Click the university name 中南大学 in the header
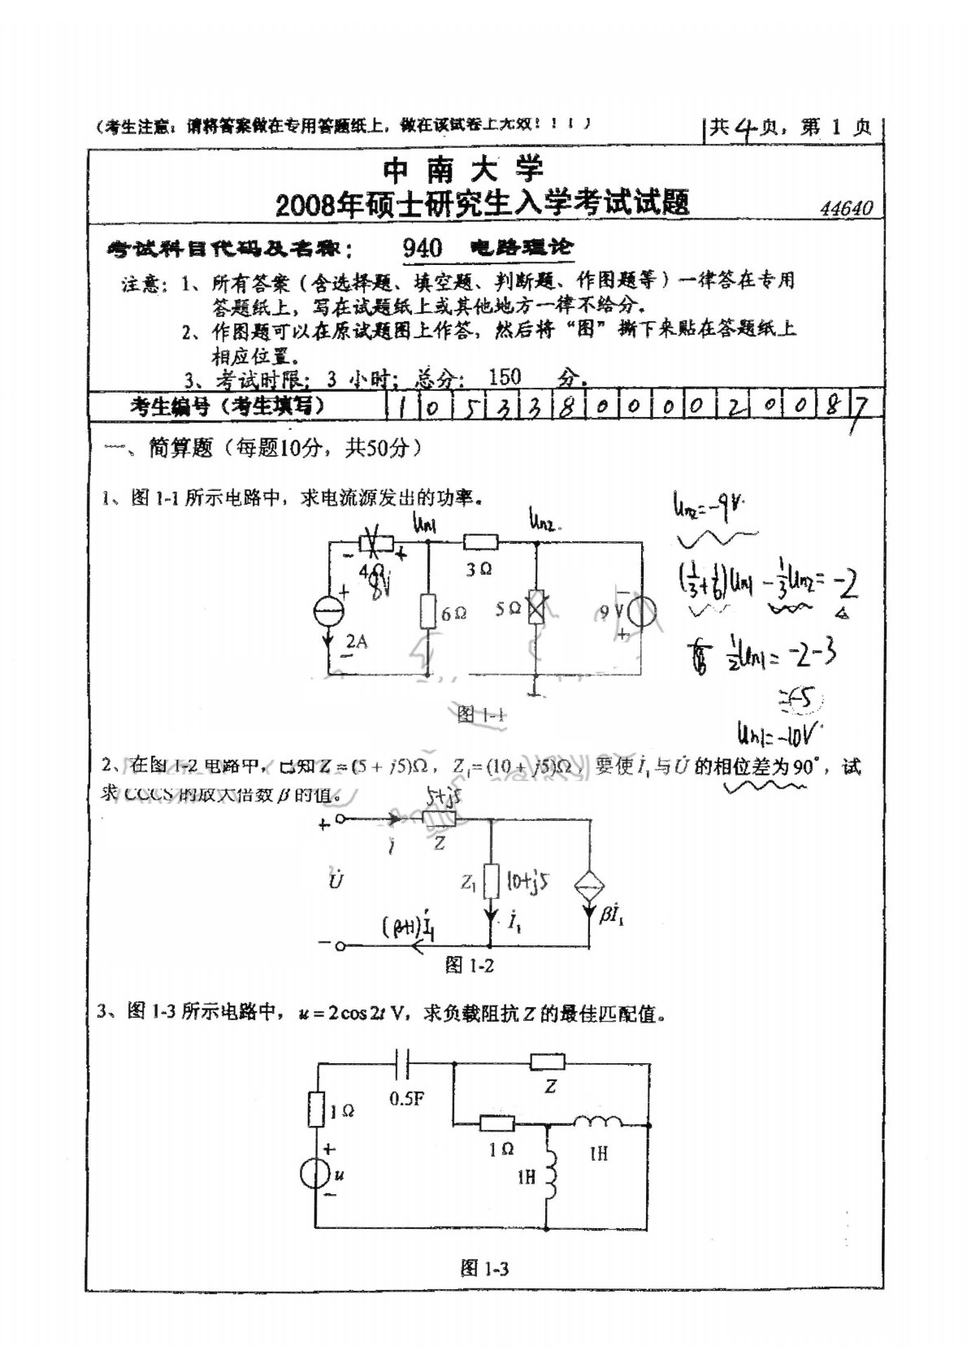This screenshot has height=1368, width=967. pyautogui.click(x=462, y=170)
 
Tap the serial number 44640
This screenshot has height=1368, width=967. pyautogui.click(x=846, y=209)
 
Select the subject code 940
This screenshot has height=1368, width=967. pyautogui.click(x=422, y=247)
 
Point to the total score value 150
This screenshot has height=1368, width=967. pyautogui.click(x=505, y=377)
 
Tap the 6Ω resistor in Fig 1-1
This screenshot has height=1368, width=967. pyautogui.click(x=428, y=612)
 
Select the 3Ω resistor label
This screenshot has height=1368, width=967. pyautogui.click(x=479, y=570)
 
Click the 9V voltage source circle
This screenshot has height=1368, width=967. pyautogui.click(x=638, y=610)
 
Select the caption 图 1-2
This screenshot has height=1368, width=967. pyautogui.click(x=469, y=965)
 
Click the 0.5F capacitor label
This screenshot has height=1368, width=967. pyautogui.click(x=406, y=1099)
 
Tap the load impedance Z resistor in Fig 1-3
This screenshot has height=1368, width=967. pyautogui.click(x=547, y=1061)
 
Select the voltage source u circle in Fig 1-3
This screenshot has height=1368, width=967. pyautogui.click(x=315, y=1174)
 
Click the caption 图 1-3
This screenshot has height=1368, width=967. pyautogui.click(x=483, y=1268)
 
